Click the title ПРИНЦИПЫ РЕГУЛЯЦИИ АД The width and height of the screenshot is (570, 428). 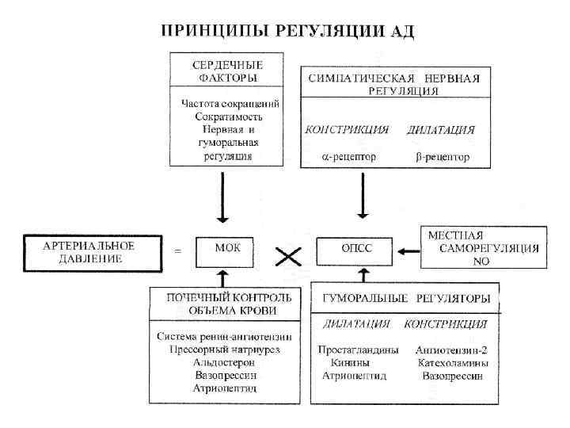287,32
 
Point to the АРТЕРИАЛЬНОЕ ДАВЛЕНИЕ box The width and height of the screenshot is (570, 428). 89,251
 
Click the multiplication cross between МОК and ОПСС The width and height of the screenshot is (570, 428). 289,255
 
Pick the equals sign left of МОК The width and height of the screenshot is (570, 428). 177,251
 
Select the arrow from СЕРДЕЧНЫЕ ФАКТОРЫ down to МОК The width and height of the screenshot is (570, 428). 223,198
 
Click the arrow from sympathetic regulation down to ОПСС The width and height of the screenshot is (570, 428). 363,196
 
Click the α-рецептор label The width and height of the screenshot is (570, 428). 349,156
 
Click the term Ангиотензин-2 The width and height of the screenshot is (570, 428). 450,350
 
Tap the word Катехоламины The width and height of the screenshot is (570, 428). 452,362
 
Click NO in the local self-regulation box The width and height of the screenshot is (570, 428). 481,261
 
